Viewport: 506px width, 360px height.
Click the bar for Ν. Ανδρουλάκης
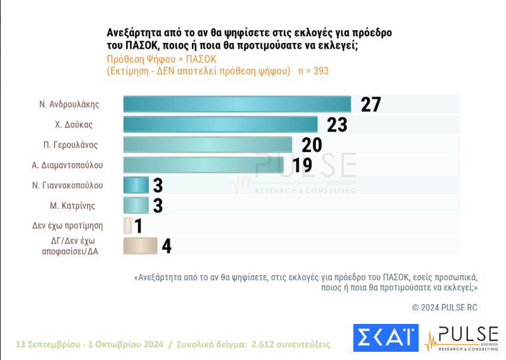point(237,104)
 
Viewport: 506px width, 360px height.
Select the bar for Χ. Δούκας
point(220,125)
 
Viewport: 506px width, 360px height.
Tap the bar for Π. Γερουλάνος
point(207,145)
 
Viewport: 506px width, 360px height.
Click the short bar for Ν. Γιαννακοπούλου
point(135,185)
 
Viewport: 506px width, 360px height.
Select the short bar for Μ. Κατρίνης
point(135,206)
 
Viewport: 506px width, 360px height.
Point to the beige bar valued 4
point(139,246)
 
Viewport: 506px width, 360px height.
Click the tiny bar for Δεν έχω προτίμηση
point(127,226)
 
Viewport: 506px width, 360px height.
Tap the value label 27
point(370,104)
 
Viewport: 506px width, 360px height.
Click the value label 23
point(337,125)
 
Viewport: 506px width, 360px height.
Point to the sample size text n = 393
point(313,71)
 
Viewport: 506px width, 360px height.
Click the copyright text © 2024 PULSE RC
point(444,307)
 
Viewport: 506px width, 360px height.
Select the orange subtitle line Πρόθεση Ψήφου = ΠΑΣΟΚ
point(161,59)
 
